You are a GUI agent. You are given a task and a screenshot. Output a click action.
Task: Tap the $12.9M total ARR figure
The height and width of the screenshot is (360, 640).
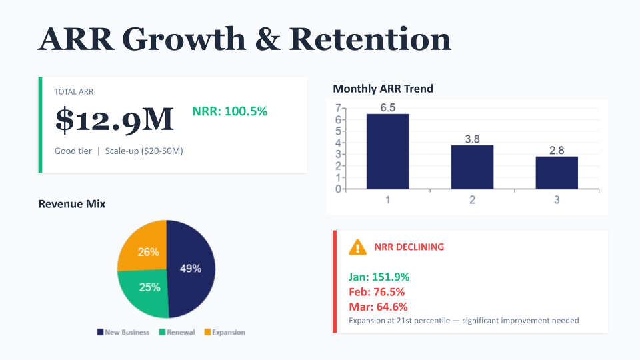pyautogui.click(x=114, y=119)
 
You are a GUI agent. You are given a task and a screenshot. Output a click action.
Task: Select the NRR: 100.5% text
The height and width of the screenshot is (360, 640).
pyautogui.click(x=234, y=111)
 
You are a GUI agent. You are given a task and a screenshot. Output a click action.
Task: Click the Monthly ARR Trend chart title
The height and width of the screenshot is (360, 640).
pyautogui.click(x=383, y=88)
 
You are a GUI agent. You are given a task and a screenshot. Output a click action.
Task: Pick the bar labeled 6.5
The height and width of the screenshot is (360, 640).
pyautogui.click(x=387, y=151)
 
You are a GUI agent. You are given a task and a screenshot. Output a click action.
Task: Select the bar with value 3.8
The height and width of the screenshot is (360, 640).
pyautogui.click(x=472, y=167)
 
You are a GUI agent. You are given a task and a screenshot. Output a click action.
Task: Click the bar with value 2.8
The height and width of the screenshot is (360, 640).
pyautogui.click(x=557, y=173)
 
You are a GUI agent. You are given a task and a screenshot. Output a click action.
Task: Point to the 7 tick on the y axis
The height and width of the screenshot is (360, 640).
pyautogui.click(x=338, y=108)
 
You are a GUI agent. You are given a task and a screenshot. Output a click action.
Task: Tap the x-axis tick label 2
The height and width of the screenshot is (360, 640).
pyautogui.click(x=472, y=200)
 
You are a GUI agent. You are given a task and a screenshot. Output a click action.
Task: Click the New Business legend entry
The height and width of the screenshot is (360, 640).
pyautogui.click(x=123, y=332)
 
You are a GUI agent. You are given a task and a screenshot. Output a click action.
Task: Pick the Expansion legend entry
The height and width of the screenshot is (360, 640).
pyautogui.click(x=225, y=332)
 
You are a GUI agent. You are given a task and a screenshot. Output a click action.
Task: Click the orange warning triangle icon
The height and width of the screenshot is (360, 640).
pyautogui.click(x=358, y=247)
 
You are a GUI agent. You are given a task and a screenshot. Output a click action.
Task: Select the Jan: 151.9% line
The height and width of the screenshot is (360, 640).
pyautogui.click(x=379, y=277)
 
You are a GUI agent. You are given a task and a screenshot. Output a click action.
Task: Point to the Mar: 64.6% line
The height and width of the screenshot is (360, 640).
pyautogui.click(x=378, y=307)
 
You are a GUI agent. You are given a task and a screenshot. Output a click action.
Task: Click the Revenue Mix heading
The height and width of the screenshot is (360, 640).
pyautogui.click(x=72, y=204)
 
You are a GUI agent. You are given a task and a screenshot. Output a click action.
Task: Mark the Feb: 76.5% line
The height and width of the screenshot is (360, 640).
pyautogui.click(x=377, y=292)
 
